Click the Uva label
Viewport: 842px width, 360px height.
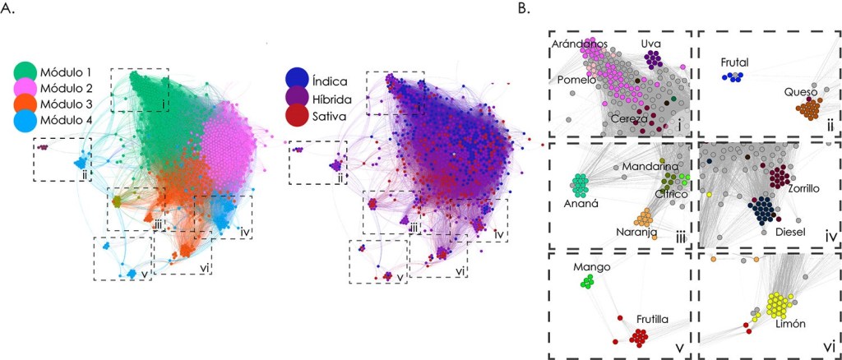[x=650, y=42]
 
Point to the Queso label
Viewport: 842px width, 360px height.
[x=801, y=92]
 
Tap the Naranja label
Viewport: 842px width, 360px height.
[x=636, y=233]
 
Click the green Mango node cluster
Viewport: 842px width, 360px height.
[x=587, y=282]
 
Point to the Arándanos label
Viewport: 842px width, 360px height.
[x=580, y=43]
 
